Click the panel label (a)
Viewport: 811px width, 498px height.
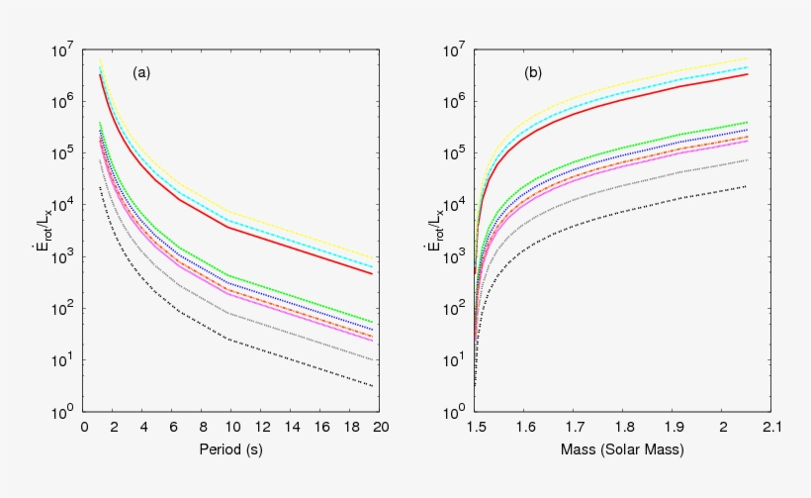[x=142, y=72]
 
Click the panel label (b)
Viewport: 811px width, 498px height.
[x=533, y=72]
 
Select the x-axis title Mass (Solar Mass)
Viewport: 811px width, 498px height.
[x=623, y=450]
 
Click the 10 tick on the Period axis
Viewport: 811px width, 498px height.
[x=232, y=427]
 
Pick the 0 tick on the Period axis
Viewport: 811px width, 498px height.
[x=85, y=427]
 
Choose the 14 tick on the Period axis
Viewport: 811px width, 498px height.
[x=292, y=427]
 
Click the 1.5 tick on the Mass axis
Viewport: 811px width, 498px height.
[x=476, y=427]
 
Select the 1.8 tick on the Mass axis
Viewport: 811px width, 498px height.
[x=623, y=427]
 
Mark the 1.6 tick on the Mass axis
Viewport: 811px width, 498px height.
[x=525, y=427]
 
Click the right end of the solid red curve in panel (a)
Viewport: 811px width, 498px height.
[x=373, y=273]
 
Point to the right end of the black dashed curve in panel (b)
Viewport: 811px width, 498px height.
[x=746, y=186]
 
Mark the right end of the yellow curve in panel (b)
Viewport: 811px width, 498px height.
[x=747, y=58]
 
